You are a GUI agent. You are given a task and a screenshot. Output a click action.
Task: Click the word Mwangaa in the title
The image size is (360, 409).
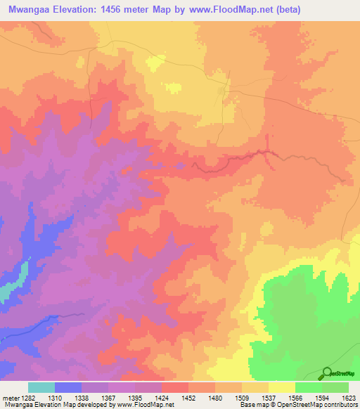click(32, 9)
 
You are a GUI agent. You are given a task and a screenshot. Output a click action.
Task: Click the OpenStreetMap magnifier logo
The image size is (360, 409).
click(326, 374)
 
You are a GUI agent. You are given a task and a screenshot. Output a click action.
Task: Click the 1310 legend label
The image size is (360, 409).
click(54, 397)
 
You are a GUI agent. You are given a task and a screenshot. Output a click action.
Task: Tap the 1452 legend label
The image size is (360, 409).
click(188, 397)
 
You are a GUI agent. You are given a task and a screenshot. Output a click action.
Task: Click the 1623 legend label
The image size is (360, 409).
click(348, 397)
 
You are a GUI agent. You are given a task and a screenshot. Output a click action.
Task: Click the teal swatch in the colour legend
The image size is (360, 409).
click(41, 387)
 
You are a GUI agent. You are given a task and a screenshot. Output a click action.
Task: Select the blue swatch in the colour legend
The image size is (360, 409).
click(68, 387)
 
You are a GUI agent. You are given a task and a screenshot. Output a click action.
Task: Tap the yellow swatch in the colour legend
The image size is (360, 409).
click(282, 387)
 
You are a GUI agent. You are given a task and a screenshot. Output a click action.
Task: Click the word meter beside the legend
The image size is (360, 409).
click(10, 397)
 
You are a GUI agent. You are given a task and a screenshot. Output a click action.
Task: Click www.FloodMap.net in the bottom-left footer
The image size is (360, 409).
click(144, 405)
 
